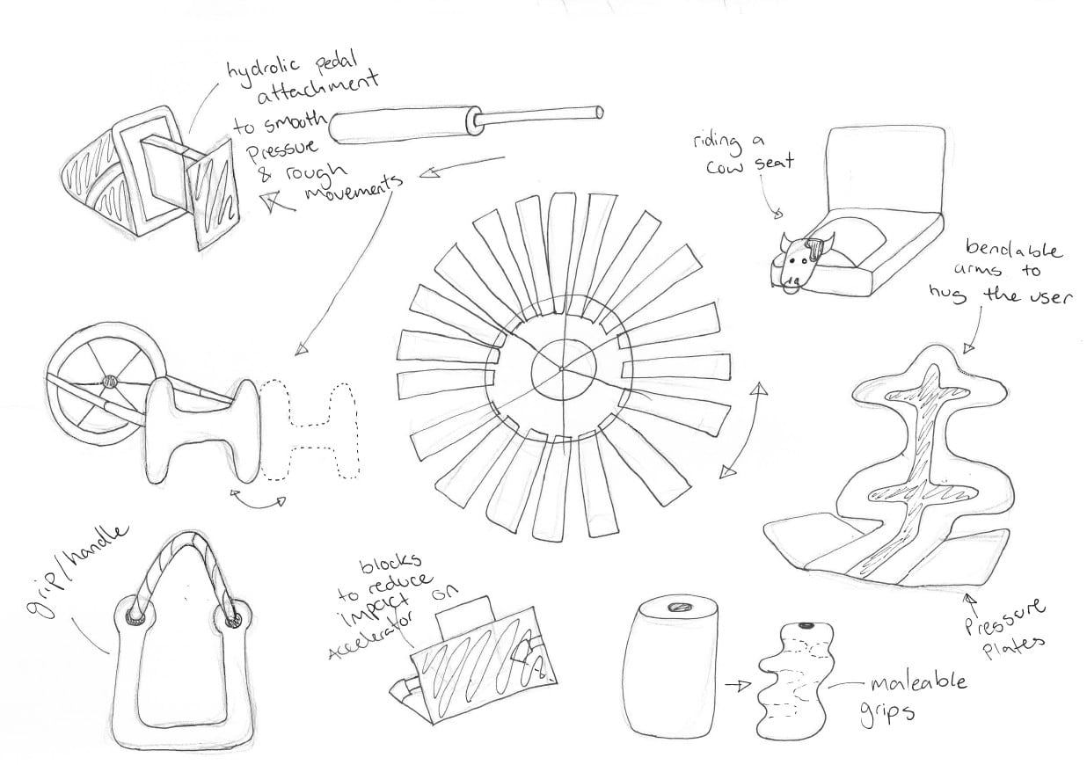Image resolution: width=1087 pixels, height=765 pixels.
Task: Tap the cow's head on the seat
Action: [x=806, y=262]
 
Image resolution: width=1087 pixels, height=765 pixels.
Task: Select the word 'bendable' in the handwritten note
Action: [x=1013, y=248]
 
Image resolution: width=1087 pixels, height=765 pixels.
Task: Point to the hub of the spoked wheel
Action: [x=110, y=382]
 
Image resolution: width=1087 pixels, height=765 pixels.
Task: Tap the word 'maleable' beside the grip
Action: [x=918, y=683]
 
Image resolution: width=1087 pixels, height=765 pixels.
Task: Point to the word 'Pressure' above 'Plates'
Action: [x=1002, y=617]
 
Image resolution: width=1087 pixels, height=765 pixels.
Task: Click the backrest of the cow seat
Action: [x=886, y=170]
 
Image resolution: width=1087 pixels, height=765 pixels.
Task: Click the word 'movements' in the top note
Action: [x=354, y=186]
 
